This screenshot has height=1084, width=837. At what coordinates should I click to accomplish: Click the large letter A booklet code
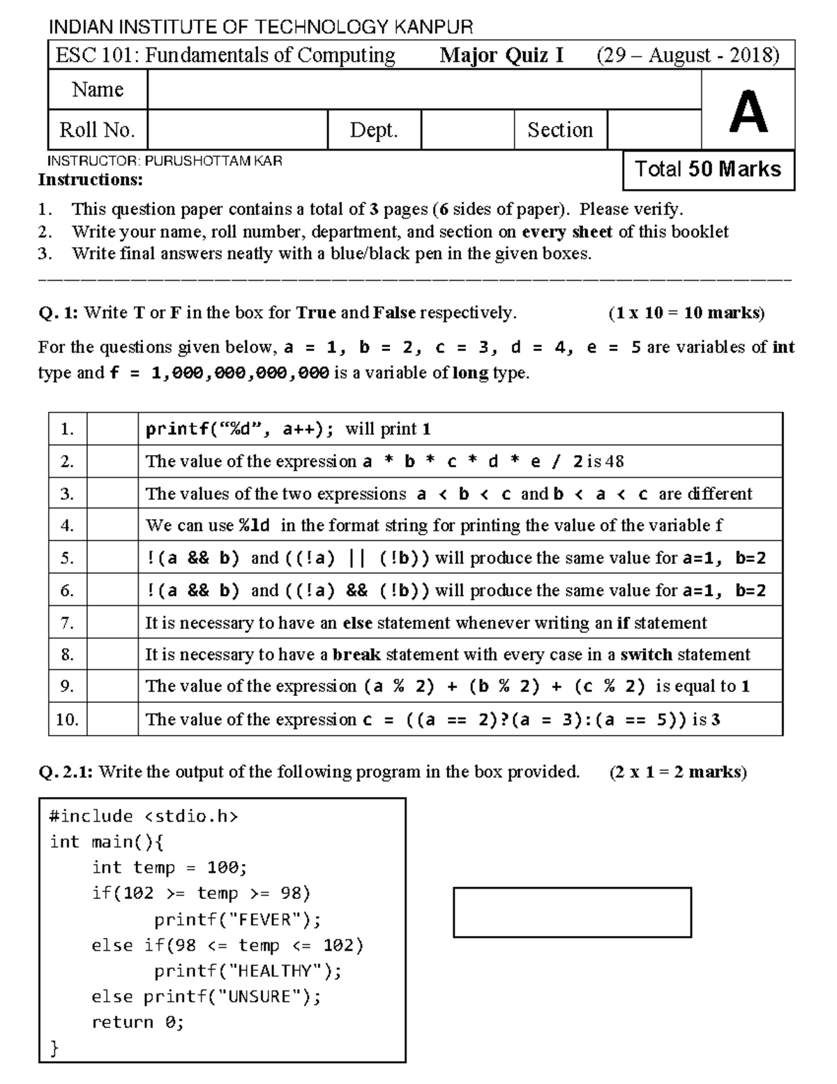(x=748, y=111)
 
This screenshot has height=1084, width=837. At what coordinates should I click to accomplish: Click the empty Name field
(x=423, y=90)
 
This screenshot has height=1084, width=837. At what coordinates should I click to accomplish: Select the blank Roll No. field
(x=237, y=130)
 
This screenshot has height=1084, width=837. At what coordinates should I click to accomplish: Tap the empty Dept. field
(x=467, y=130)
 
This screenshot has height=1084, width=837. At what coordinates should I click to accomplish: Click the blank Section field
(x=654, y=130)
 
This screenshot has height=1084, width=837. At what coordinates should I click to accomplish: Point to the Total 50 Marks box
(x=708, y=170)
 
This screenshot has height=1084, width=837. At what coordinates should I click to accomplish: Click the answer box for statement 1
(x=112, y=429)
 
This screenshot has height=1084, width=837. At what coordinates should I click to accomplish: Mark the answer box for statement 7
(x=112, y=623)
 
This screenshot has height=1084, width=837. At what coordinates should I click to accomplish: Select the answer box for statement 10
(x=112, y=720)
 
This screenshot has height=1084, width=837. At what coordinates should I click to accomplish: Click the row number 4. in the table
(x=67, y=526)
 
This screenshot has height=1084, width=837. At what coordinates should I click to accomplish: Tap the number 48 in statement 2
(x=614, y=462)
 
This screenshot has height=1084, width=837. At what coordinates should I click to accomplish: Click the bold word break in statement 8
(x=356, y=655)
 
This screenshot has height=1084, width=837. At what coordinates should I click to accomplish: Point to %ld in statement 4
(x=254, y=526)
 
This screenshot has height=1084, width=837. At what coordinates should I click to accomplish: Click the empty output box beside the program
(x=572, y=912)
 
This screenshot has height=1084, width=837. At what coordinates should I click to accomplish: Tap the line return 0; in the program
(x=137, y=1023)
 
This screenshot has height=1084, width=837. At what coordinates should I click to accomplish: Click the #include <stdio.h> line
(x=144, y=817)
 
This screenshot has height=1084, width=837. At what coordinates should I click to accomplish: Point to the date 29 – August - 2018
(x=688, y=55)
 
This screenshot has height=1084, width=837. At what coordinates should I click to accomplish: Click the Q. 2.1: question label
(x=67, y=772)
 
